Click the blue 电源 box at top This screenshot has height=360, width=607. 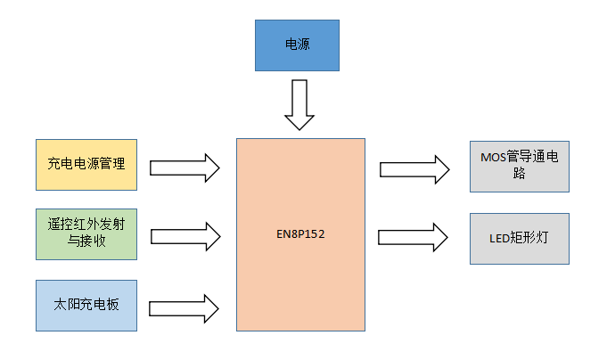[x=298, y=45]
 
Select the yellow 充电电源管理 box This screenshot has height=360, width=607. [x=86, y=165]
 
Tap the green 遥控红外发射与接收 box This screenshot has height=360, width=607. [x=86, y=234]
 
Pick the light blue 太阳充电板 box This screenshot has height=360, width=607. [x=86, y=305]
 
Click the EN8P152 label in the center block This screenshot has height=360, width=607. [x=300, y=236]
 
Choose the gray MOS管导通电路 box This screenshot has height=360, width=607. [x=519, y=166]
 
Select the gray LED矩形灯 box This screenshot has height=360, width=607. [x=519, y=238]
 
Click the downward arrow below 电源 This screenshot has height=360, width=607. [x=299, y=104]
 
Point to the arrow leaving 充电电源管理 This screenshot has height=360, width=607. [x=185, y=167]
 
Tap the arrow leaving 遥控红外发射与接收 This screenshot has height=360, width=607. [x=185, y=236]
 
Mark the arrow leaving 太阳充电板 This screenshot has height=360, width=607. [x=185, y=307]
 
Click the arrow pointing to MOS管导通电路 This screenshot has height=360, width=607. [x=414, y=168]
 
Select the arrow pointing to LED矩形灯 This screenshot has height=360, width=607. [x=414, y=237]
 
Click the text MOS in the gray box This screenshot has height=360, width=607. [x=493, y=158]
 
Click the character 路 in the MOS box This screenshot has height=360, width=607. [x=519, y=175]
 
